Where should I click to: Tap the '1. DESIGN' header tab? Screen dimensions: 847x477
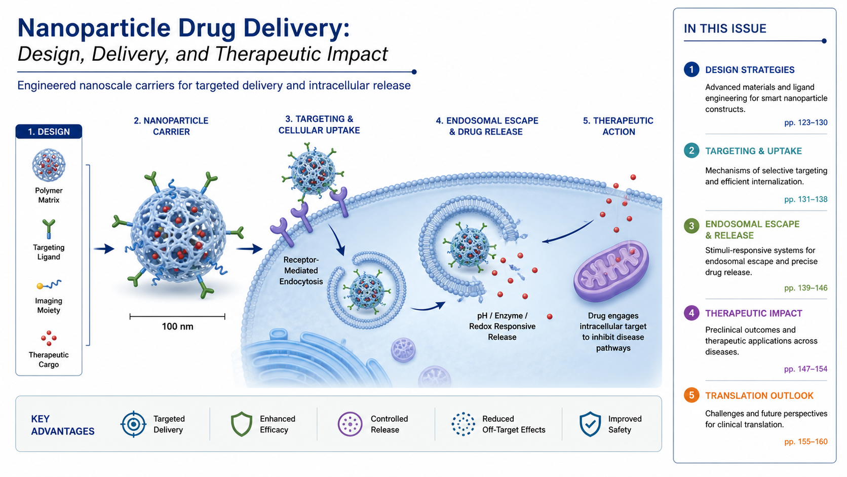click(49, 132)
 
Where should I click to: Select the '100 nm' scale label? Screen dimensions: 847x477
click(177, 326)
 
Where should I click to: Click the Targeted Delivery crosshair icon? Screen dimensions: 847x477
click(133, 424)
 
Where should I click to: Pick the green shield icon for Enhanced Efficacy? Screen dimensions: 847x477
click(241, 424)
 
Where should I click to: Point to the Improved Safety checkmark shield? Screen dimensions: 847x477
click(590, 424)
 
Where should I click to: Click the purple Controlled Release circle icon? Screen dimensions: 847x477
click(350, 424)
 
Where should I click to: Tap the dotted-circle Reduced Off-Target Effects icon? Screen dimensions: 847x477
click(463, 424)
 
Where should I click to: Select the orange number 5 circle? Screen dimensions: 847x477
click(691, 395)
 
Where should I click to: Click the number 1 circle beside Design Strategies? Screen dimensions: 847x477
click(691, 69)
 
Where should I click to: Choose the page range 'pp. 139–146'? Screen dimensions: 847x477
click(805, 288)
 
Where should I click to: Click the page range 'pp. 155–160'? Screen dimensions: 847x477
click(805, 442)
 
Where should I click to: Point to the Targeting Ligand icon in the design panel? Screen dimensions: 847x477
click(49, 229)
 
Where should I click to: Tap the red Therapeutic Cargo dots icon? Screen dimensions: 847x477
click(49, 338)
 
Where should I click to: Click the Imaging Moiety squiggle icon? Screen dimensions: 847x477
click(49, 284)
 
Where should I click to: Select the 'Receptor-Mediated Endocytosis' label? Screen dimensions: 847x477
click(301, 271)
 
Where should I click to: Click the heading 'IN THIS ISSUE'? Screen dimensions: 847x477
click(725, 29)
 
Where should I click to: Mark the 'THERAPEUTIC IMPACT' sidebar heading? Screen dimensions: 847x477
click(754, 313)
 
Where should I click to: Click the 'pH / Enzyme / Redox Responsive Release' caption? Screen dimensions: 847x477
click(502, 326)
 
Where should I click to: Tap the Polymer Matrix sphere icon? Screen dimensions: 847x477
click(49, 165)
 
